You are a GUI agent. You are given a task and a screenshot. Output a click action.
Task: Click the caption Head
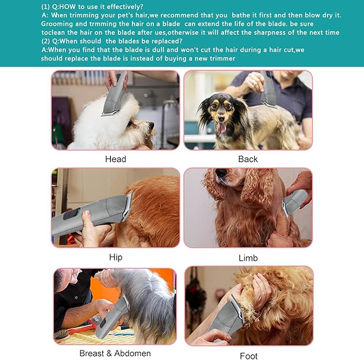point(115,159)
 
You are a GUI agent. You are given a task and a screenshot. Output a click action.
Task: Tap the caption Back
point(248,159)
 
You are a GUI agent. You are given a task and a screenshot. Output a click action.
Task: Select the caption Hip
point(115,257)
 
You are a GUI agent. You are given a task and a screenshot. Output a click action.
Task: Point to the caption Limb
point(248,258)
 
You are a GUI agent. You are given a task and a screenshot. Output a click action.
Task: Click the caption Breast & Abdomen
point(115,353)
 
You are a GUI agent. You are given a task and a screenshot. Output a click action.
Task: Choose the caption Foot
point(248,356)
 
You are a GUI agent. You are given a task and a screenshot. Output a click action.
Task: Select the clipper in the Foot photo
point(227,320)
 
